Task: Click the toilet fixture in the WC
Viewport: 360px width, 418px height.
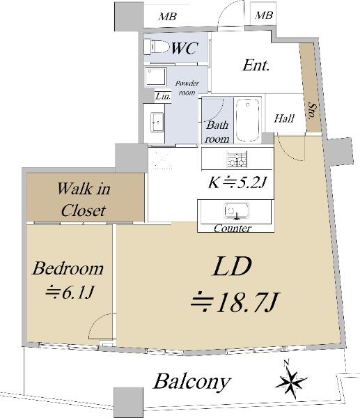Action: pos(157,47)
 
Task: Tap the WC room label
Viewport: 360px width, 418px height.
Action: pos(185,48)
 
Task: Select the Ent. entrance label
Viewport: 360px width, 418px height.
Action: pos(256,65)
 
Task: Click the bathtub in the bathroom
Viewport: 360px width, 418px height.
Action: pos(248,121)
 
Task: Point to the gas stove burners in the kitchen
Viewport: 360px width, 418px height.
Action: pos(237,159)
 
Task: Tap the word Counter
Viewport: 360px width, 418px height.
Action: pos(233,229)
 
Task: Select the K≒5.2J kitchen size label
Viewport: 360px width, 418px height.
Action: pos(237,183)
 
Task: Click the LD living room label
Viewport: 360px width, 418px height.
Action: pos(232,266)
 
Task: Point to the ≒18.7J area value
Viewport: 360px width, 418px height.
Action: pos(235,302)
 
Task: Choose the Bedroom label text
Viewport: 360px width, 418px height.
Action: pos(68,268)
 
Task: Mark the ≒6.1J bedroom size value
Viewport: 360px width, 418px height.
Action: pos(70,293)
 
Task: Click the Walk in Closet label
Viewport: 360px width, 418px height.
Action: pos(84,199)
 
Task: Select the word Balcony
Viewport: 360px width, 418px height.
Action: pos(192,382)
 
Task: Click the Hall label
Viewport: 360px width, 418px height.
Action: pos(284,118)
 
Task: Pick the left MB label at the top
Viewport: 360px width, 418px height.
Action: pos(167,17)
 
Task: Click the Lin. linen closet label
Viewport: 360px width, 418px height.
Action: pos(163,96)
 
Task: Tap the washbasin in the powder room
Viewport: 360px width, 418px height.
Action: pos(157,122)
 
